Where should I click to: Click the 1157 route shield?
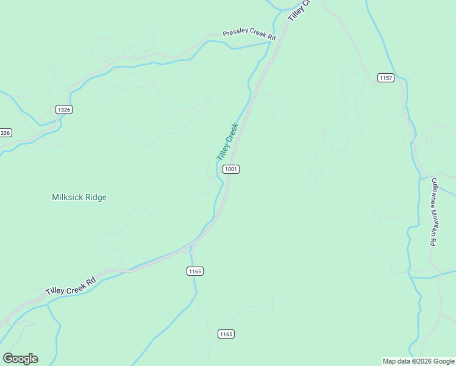pos(385,77)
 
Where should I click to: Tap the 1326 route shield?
pos(63,109)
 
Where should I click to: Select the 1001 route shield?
pos(230,169)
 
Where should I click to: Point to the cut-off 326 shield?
pos(5,132)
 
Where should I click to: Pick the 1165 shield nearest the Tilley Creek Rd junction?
pos(195,271)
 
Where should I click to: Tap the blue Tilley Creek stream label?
pos(227,142)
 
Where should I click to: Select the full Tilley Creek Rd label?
pos(71,287)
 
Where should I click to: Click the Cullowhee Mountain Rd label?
pos(433,212)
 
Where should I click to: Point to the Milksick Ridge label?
pos(79,197)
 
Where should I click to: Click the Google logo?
pos(20,359)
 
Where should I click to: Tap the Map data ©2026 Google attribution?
pos(418,361)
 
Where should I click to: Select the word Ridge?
pos(96,197)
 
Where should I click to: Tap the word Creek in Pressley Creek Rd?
pos(258,35)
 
